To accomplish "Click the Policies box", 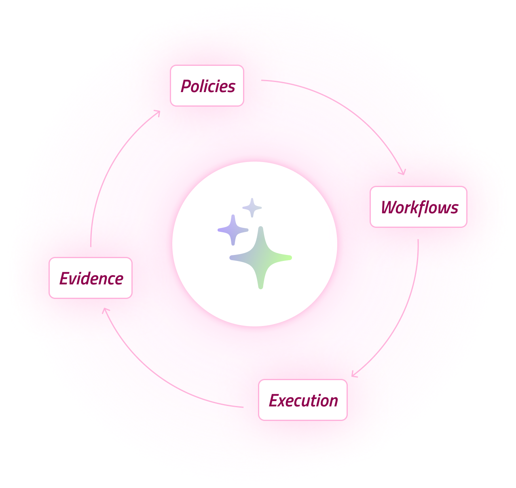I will click(207, 86).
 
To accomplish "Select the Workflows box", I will click(418, 207).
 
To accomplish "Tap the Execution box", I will click(302, 400).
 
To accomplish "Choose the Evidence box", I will click(91, 278).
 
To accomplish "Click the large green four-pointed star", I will click(261, 258).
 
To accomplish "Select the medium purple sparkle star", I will click(233, 230).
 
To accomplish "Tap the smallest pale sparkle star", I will click(252, 208).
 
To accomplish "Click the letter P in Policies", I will click(186, 86).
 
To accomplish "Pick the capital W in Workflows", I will click(389, 208).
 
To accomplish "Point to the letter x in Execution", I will click(285, 401).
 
